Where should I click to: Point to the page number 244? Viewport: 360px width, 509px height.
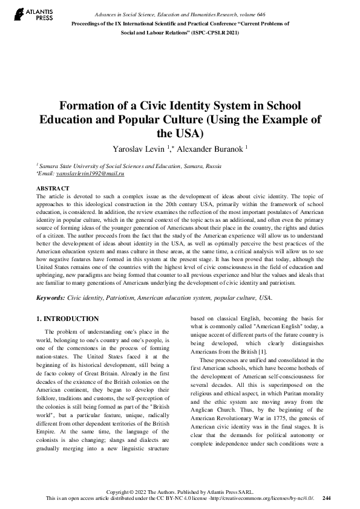327,497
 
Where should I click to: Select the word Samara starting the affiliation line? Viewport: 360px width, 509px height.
48,164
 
